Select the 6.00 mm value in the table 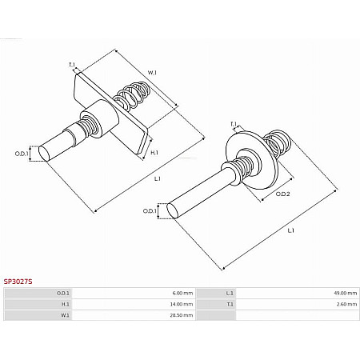pyautogui.click(x=182, y=294)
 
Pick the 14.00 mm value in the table pyautogui.click(x=182, y=305)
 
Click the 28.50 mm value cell pyautogui.click(x=182, y=316)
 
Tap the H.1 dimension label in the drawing pyautogui.click(x=154, y=152)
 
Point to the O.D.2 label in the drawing pyautogui.click(x=282, y=194)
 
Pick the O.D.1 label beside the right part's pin pyautogui.click(x=150, y=211)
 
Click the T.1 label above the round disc pyautogui.click(x=234, y=123)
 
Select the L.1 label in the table pyautogui.click(x=226, y=294)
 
